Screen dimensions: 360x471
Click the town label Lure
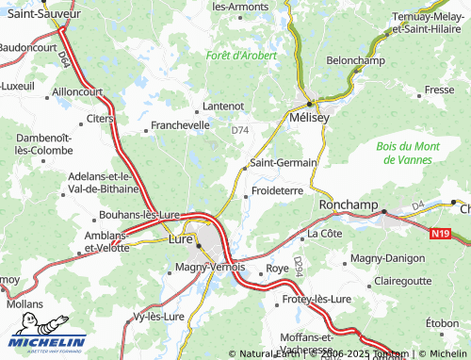(179, 240)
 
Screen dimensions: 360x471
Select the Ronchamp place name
(349, 205)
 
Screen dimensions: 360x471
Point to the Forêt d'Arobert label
(242, 56)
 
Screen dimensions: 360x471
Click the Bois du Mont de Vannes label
(408, 153)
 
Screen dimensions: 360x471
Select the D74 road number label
(241, 131)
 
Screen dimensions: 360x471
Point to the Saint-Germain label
(283, 163)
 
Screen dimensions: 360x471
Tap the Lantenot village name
(224, 106)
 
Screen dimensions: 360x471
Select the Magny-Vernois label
(210, 268)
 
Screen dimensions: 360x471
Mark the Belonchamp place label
(356, 59)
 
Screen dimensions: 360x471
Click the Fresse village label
(439, 90)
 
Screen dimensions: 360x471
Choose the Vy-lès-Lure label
(159, 317)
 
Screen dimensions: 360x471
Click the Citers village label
(100, 119)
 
